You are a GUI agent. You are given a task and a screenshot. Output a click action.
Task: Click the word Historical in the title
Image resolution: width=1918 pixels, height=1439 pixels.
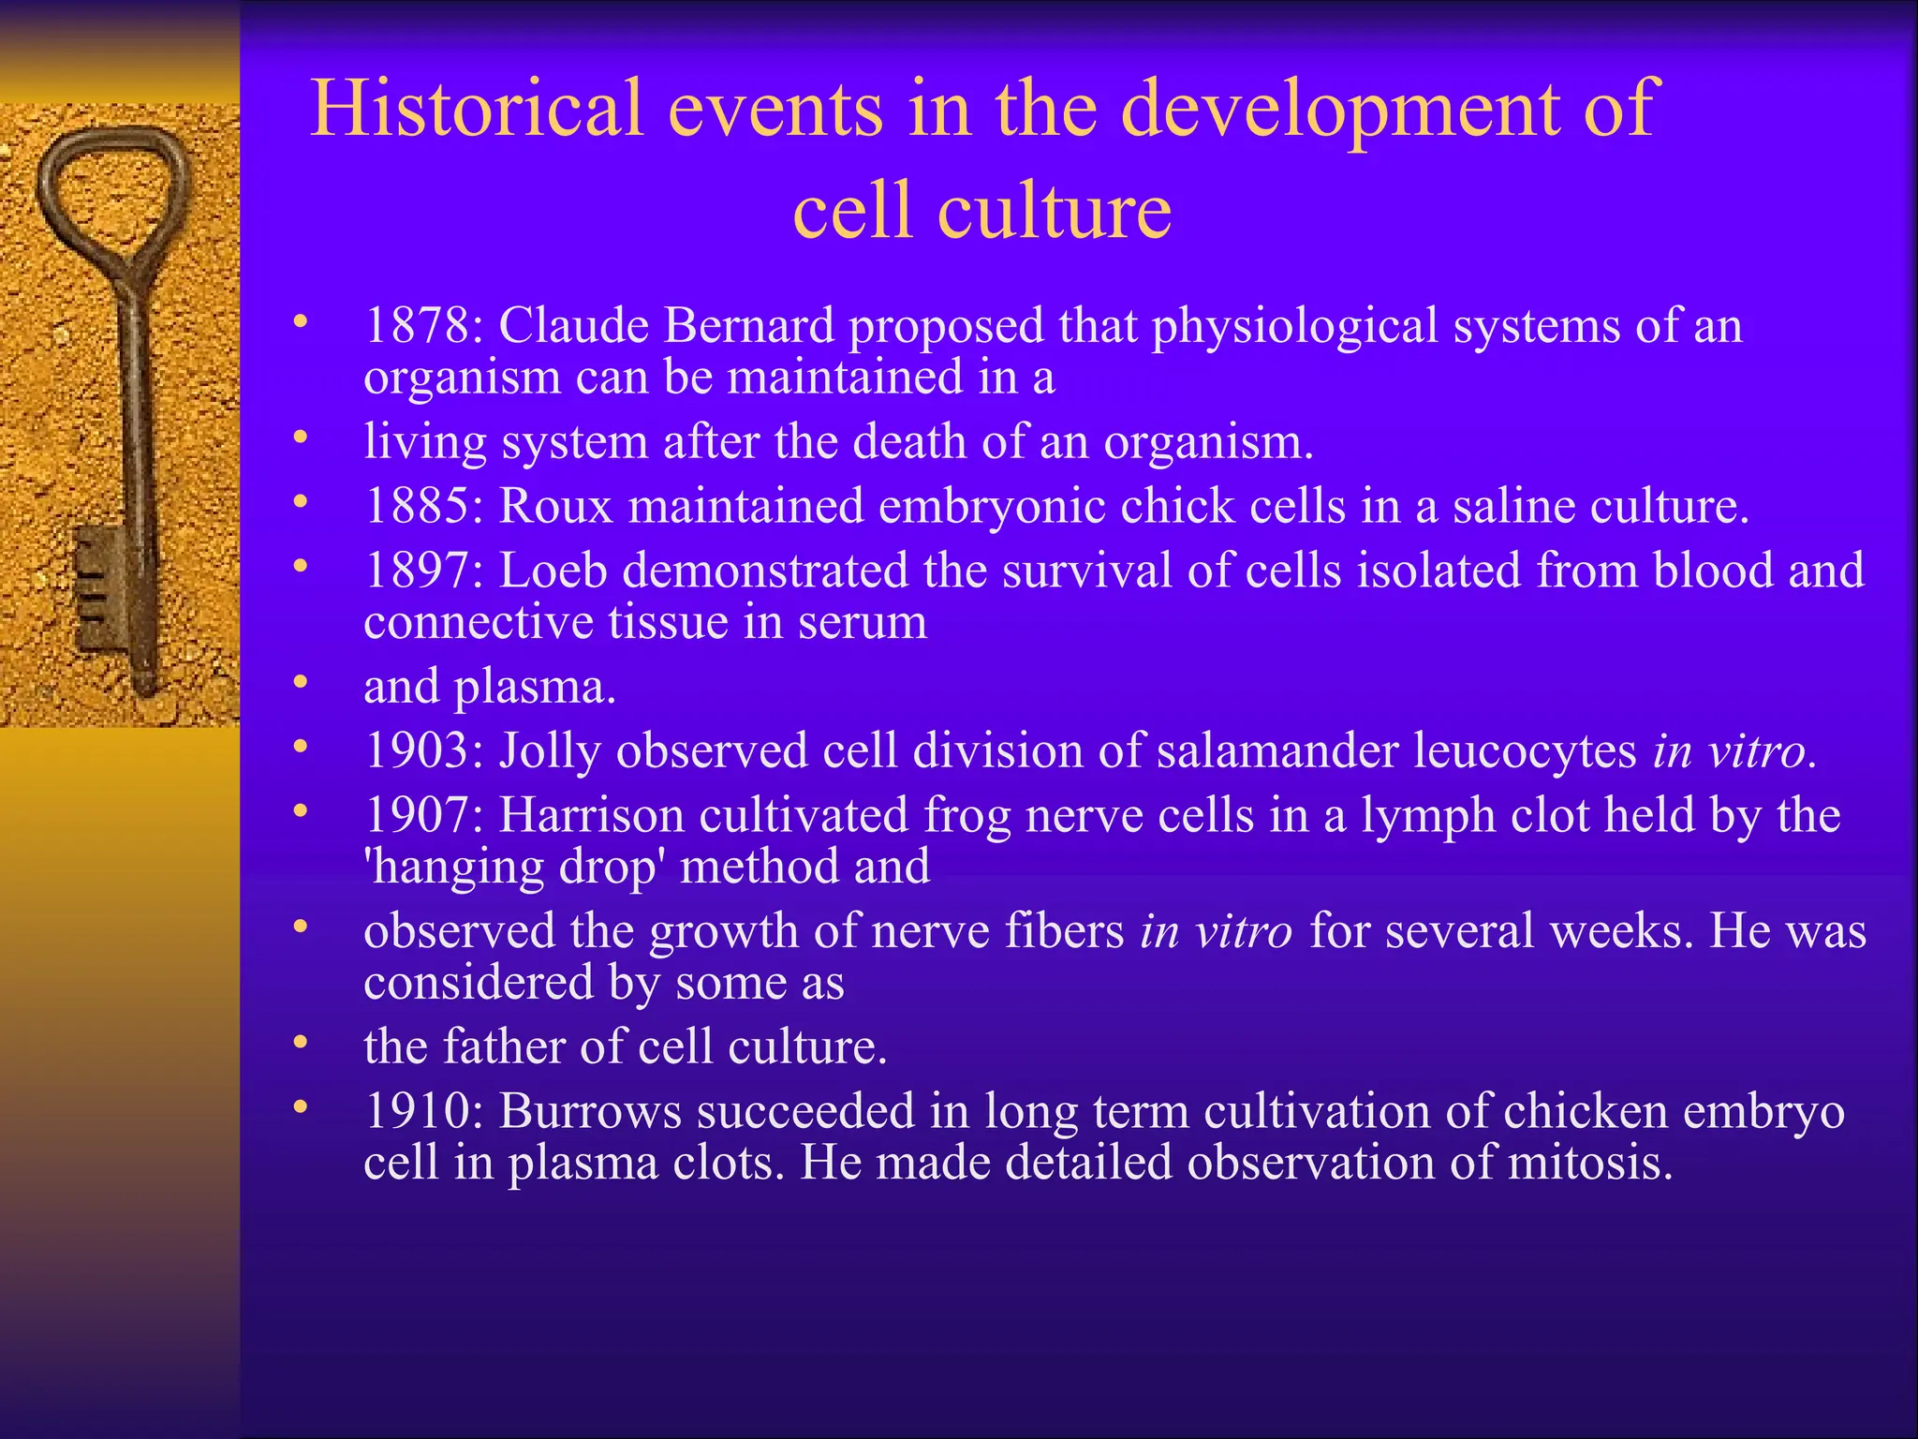coord(477,110)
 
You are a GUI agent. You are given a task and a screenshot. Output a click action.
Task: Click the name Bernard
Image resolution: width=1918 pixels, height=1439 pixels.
coord(748,327)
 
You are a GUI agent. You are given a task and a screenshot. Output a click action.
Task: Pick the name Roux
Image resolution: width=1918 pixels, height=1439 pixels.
coord(555,507)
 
